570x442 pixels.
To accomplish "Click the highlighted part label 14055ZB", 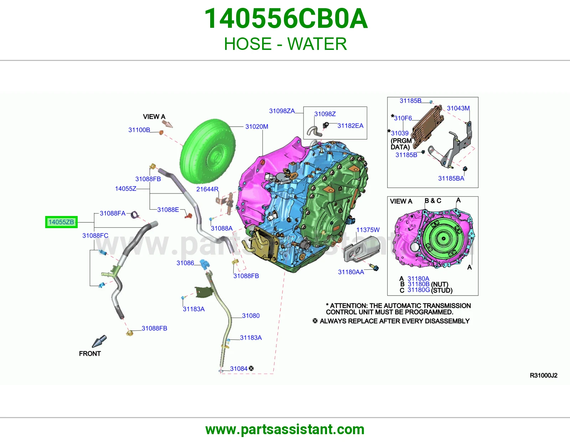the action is pos(61,222).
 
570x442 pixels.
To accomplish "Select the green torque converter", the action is pos(208,152).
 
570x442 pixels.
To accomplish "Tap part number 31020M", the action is pos(256,127).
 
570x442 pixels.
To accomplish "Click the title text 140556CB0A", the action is pos(286,19).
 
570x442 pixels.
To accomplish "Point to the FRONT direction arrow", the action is pos(99,341).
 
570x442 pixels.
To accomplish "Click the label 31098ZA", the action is pos(282,111).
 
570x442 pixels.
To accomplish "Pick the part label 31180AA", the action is pos(351,272).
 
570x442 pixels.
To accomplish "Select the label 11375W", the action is pos(368,230).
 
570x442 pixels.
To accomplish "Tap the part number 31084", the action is pos(239,369).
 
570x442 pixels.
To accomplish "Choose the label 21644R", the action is pos(207,189).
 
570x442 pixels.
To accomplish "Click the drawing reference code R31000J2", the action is pos(544,376).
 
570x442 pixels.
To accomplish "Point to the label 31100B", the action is pos(139,130).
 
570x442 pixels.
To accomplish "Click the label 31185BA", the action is pos(451,179).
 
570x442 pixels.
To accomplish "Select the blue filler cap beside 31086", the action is pos(204,264).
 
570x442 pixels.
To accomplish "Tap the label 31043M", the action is pos(458,108).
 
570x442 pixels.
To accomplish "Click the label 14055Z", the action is pos(126,189).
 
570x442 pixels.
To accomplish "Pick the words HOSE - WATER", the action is pos(285,44).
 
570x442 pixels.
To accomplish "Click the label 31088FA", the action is pos(113,214).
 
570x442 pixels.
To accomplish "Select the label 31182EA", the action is pos(351,126).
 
